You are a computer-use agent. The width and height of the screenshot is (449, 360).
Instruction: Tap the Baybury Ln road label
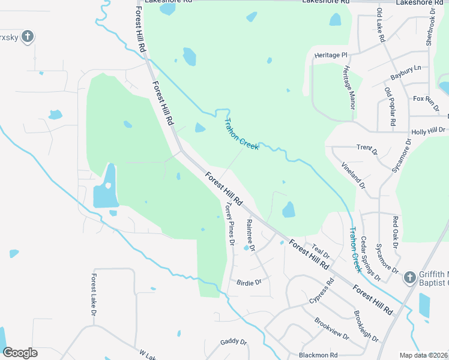pyautogui.click(x=406, y=73)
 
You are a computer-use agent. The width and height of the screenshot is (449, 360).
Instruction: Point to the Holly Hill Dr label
pyautogui.click(x=428, y=130)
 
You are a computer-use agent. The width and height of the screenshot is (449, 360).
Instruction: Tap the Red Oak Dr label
pyautogui.click(x=396, y=232)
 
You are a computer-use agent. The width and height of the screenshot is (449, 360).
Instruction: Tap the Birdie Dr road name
pyautogui.click(x=249, y=282)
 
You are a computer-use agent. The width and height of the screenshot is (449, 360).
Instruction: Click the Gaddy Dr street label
pyautogui.click(x=234, y=341)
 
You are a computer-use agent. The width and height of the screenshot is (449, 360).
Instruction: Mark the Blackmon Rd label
pyautogui.click(x=318, y=355)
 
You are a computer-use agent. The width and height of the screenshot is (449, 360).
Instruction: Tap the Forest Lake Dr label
pyautogui.click(x=94, y=295)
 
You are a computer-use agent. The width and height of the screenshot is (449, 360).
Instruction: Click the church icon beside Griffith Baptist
pyautogui.click(x=409, y=277)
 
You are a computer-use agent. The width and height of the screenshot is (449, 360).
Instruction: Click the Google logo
pyautogui.click(x=20, y=353)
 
